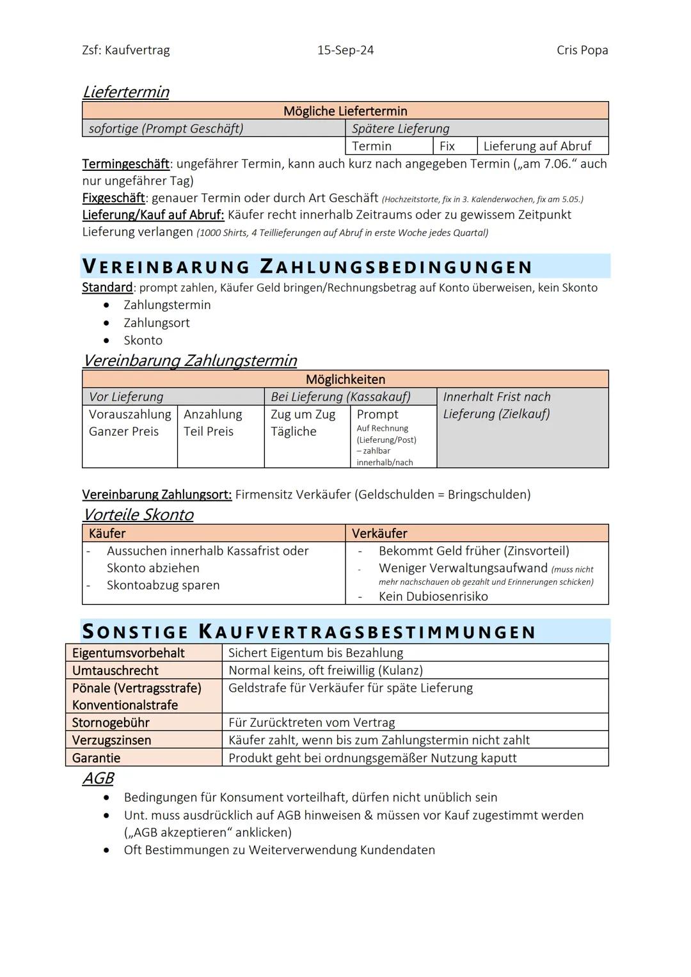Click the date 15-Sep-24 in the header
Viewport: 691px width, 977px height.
(x=345, y=50)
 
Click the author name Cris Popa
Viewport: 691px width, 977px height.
(x=582, y=50)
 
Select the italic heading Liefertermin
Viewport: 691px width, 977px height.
(x=125, y=92)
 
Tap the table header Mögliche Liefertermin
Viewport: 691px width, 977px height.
(x=345, y=111)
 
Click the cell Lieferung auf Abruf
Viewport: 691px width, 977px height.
(x=537, y=146)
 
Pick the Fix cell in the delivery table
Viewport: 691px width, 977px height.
(x=447, y=146)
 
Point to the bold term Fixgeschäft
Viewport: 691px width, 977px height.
(x=113, y=198)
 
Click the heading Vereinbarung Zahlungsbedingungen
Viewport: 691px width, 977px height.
(x=307, y=266)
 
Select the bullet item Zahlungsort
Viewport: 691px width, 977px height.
(x=156, y=322)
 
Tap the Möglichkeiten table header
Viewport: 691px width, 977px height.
(x=345, y=379)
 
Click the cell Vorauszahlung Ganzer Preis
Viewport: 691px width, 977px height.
(x=130, y=423)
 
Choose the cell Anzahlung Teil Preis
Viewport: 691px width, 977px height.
(x=213, y=423)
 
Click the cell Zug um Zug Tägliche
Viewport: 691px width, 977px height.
(x=303, y=423)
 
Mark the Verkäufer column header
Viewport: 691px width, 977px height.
(x=379, y=533)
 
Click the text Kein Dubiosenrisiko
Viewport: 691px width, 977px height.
(x=433, y=596)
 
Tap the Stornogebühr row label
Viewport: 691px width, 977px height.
(x=111, y=722)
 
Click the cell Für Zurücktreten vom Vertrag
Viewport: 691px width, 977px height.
(x=312, y=722)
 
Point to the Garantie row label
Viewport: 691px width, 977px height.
(x=96, y=758)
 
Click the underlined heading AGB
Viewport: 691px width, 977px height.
(x=98, y=778)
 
